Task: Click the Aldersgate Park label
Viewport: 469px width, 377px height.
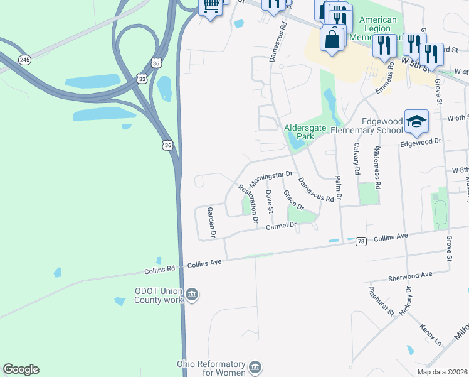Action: [305, 131]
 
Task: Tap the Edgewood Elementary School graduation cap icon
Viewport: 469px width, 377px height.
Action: [416, 121]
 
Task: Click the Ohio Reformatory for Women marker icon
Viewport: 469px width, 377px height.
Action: [255, 366]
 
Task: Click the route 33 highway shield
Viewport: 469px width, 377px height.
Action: [142, 79]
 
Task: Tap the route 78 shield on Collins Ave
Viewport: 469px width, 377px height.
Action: [361, 241]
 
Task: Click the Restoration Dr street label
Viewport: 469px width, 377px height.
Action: [248, 204]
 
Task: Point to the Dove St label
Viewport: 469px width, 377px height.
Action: [270, 202]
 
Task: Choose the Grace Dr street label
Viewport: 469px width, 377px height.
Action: [293, 200]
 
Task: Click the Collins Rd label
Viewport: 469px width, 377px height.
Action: [159, 270]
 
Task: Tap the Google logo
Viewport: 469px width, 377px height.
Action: [21, 369]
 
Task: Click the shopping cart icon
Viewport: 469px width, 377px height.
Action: [211, 6]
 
